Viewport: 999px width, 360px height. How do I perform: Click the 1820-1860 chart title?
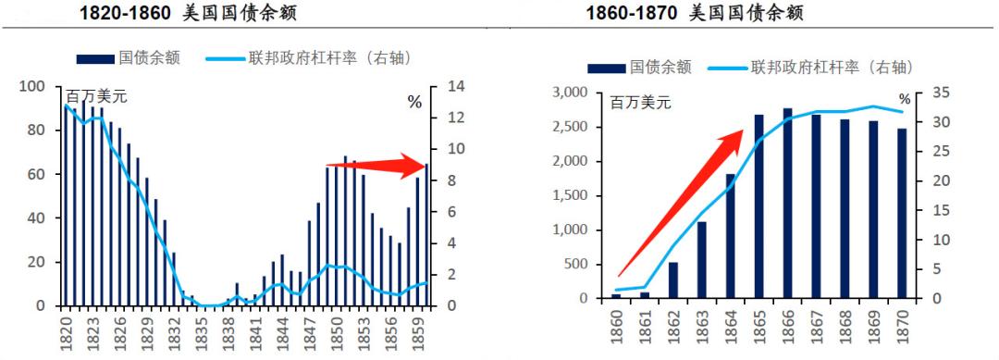(177, 13)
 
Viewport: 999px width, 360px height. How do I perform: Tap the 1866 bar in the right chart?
(787, 204)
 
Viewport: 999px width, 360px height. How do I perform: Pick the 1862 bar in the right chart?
(673, 279)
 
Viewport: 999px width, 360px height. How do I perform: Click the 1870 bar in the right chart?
(902, 213)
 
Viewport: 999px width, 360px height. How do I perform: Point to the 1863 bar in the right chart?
(702, 259)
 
